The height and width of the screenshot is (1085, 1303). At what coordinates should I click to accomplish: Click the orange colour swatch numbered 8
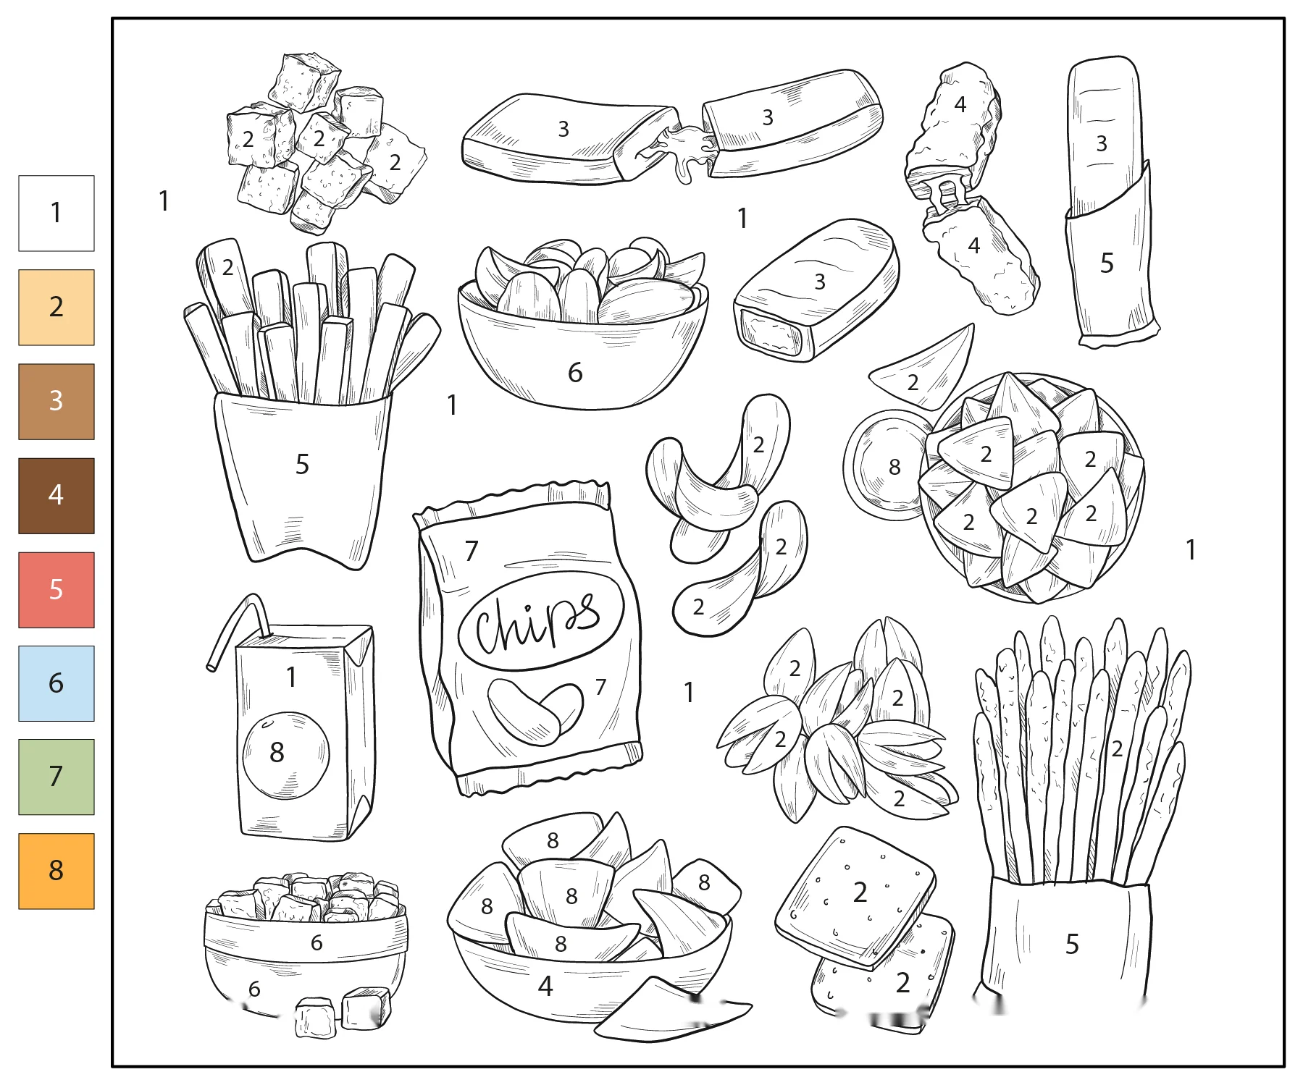pyautogui.click(x=56, y=871)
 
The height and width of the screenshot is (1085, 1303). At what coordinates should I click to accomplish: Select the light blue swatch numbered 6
pyautogui.click(x=56, y=683)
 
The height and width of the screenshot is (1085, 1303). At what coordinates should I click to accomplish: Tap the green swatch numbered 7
pyautogui.click(x=56, y=777)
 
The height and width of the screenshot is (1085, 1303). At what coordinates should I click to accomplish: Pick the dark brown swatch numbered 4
pyautogui.click(x=56, y=496)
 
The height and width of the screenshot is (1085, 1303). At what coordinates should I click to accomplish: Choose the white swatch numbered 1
pyautogui.click(x=56, y=214)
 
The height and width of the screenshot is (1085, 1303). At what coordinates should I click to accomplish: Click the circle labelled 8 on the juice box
pyautogui.click(x=285, y=756)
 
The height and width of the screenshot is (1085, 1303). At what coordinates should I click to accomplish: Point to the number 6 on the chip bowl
pyautogui.click(x=575, y=373)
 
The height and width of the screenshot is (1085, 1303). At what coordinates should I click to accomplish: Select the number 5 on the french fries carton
pyautogui.click(x=302, y=465)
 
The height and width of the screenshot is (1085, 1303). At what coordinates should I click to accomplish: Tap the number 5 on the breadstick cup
pyautogui.click(x=1072, y=944)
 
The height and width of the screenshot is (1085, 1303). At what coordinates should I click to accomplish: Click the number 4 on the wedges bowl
pyautogui.click(x=545, y=986)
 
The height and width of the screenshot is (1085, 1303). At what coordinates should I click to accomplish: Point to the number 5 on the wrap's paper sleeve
pyautogui.click(x=1107, y=263)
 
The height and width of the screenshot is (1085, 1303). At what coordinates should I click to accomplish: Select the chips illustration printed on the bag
pyautogui.click(x=535, y=712)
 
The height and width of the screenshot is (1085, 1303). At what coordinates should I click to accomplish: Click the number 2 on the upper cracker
pyautogui.click(x=860, y=892)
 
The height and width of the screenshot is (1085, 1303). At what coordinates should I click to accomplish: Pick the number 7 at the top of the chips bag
pyautogui.click(x=472, y=551)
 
